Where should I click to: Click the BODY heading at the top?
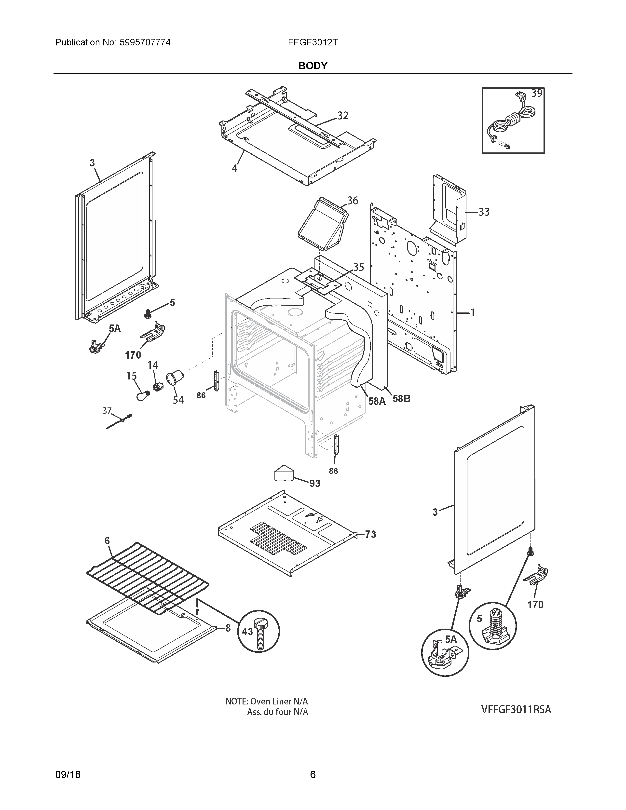click(x=313, y=66)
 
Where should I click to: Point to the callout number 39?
click(x=537, y=93)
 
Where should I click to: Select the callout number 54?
click(x=178, y=400)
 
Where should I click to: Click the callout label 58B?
click(x=401, y=399)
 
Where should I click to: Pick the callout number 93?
click(x=315, y=483)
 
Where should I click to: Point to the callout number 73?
click(x=370, y=534)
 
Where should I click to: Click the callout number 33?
click(x=484, y=212)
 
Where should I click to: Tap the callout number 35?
click(x=358, y=267)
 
